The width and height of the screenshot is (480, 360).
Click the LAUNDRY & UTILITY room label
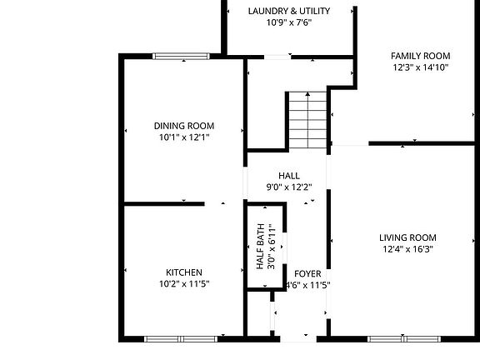click(x=288, y=11)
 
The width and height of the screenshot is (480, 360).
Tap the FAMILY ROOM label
click(x=420, y=56)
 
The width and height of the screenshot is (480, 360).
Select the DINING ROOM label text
click(x=183, y=125)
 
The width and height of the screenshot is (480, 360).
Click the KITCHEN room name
click(x=183, y=272)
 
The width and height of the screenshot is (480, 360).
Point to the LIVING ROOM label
click(x=408, y=237)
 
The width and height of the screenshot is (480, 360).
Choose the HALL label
click(x=288, y=176)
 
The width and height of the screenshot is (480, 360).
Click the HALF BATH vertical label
click(x=260, y=247)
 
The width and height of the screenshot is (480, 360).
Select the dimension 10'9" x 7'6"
click(x=288, y=22)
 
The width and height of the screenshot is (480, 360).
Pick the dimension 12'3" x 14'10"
click(x=420, y=67)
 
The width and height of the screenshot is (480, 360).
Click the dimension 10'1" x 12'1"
click(x=183, y=137)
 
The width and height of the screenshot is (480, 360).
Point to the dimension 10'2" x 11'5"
click(x=183, y=284)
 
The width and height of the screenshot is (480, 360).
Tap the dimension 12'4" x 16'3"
click(x=408, y=248)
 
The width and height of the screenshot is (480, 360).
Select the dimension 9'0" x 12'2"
click(x=288, y=187)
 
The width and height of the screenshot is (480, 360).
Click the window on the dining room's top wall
click(x=181, y=56)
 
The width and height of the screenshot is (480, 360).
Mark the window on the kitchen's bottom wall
click(x=181, y=338)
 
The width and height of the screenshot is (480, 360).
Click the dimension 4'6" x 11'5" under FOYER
click(x=307, y=285)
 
